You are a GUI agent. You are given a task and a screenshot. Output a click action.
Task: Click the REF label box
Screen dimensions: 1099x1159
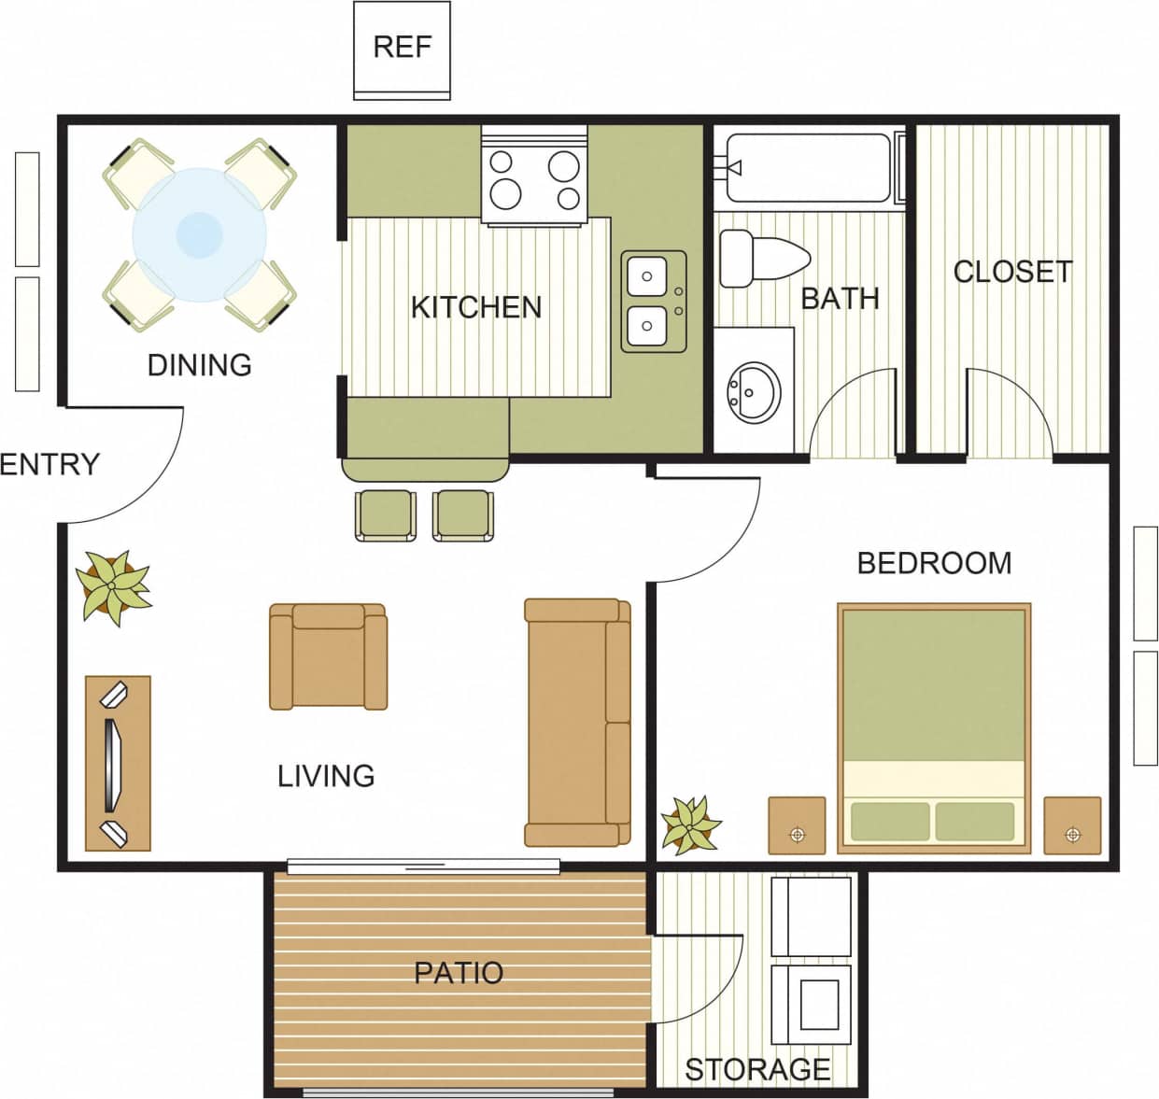402,49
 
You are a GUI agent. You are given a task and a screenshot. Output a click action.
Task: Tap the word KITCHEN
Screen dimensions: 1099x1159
475,307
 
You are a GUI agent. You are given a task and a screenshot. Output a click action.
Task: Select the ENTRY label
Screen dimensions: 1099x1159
49,464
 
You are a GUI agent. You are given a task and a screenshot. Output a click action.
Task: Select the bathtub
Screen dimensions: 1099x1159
808,168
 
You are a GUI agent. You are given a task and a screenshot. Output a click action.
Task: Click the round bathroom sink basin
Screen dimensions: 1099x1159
755,392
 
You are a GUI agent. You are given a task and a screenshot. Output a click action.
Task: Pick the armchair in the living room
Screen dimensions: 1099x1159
328,656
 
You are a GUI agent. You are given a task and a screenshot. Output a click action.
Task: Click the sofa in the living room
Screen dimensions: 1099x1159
576,722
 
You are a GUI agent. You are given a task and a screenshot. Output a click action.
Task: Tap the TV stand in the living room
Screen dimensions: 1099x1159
118,763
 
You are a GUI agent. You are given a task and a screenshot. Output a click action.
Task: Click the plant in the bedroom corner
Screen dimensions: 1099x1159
690,825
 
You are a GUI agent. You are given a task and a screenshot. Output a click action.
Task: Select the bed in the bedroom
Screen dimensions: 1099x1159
933,727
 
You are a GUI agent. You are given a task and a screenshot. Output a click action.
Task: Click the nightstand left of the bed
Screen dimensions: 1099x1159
797,825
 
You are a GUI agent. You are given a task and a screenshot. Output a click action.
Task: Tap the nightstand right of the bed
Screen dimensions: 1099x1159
1072,825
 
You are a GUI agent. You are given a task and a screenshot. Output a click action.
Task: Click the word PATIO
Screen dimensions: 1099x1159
458,973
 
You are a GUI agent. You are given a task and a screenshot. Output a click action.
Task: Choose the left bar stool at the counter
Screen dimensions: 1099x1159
386,514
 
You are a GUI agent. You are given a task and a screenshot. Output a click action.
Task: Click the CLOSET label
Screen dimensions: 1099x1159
1012,272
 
